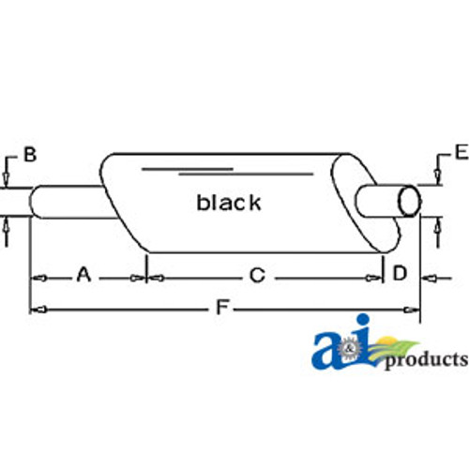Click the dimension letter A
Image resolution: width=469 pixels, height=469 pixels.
(x=83, y=275)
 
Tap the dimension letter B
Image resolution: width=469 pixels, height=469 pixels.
(x=30, y=155)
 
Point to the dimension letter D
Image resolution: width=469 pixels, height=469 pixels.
(x=400, y=273)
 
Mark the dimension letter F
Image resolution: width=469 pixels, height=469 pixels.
(x=220, y=307)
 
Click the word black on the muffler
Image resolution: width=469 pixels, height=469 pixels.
(x=229, y=202)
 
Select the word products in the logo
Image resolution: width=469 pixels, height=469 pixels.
(x=424, y=360)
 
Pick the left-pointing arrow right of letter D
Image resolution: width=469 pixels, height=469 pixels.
(x=428, y=276)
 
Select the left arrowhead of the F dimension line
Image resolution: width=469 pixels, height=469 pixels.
(x=37, y=308)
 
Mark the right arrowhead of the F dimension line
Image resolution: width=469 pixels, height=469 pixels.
(x=414, y=308)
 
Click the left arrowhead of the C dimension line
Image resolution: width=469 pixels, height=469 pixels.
(x=156, y=277)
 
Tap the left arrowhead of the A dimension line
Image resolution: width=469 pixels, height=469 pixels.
(x=37, y=277)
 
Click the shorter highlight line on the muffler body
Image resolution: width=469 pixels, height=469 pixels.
(x=188, y=167)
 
